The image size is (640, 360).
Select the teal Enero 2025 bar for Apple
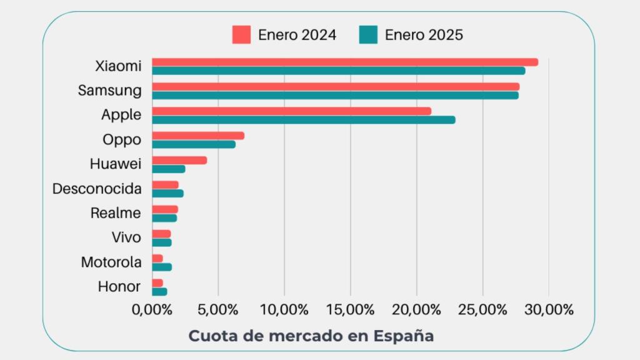(304, 120)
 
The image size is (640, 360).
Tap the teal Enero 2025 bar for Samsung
(335, 96)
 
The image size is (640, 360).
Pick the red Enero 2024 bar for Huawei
(179, 161)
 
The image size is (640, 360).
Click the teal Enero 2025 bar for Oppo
(194, 144)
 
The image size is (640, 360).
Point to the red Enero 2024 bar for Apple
(291, 111)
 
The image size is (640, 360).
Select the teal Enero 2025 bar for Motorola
(162, 267)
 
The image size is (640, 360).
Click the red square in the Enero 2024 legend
(241, 35)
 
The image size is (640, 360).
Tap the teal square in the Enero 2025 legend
(368, 35)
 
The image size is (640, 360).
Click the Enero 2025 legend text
(424, 35)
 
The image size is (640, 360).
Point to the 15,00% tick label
(350, 309)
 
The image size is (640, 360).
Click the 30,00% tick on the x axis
(548, 309)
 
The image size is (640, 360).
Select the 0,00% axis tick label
(152, 309)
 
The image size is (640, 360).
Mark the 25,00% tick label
(482, 309)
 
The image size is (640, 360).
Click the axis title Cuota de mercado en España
(311, 336)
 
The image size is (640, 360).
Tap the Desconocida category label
(97, 189)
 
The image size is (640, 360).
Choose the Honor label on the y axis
(119, 287)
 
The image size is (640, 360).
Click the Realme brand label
(116, 213)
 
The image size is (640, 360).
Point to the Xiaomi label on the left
(118, 66)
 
